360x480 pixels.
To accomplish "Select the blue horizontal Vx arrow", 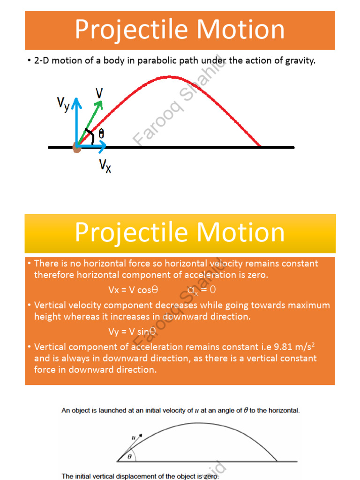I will coord(94,147).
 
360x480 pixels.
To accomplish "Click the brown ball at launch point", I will coord(76,148).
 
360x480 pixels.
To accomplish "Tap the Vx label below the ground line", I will coord(105,165).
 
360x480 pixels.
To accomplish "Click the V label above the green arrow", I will coord(99,93).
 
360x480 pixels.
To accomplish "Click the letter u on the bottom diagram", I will coord(134,437).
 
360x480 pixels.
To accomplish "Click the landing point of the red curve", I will coord(261,147).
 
